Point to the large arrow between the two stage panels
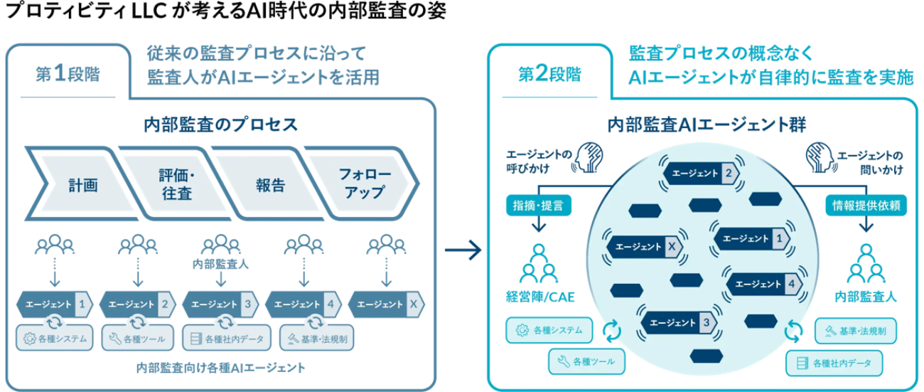click(463, 250)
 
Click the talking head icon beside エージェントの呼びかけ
click(591, 157)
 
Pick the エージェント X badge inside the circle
click(645, 245)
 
